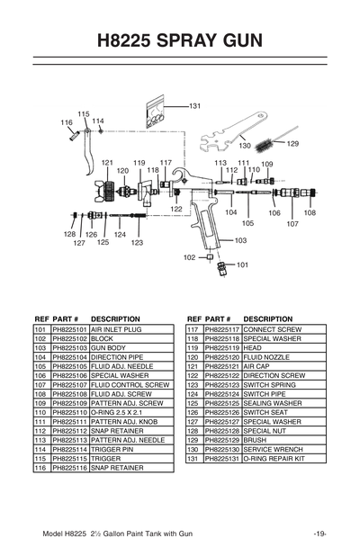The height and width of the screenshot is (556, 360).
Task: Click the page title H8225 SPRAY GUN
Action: click(180, 40)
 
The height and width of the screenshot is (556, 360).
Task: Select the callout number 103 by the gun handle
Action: click(240, 240)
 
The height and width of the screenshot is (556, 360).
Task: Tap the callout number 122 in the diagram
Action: click(176, 209)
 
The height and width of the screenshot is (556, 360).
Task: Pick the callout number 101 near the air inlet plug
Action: click(242, 265)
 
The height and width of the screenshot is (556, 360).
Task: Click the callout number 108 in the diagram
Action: click(310, 213)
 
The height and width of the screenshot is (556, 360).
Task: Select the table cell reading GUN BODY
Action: click(108, 347)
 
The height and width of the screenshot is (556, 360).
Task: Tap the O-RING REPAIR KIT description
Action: click(274, 458)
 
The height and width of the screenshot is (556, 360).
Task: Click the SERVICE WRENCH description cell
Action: click(271, 448)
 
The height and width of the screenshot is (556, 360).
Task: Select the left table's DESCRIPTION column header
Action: click(115, 318)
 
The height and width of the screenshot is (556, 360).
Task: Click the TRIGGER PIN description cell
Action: click(111, 448)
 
